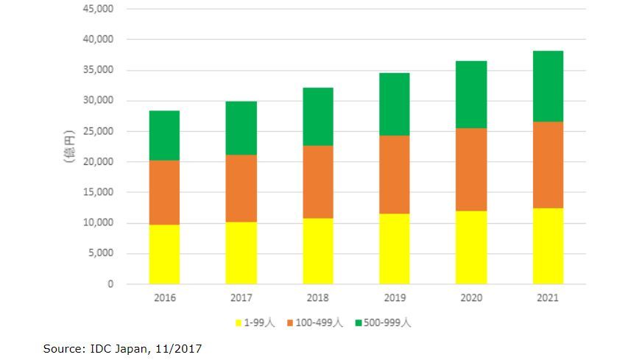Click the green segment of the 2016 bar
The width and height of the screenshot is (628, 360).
click(x=164, y=135)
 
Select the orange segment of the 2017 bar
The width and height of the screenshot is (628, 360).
click(x=241, y=188)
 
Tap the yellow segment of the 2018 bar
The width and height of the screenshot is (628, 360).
click(x=317, y=251)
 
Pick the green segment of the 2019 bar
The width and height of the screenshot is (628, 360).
click(x=394, y=104)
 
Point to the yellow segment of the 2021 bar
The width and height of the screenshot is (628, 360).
click(x=548, y=246)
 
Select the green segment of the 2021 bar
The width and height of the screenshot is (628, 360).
click(x=548, y=86)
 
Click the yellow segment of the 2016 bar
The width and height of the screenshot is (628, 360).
click(x=164, y=254)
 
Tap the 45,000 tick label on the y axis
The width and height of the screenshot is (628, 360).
click(x=99, y=9)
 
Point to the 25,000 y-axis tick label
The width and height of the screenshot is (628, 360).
click(x=99, y=131)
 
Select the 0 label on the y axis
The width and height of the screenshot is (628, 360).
click(x=111, y=284)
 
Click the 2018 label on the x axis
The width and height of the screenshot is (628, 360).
click(x=317, y=298)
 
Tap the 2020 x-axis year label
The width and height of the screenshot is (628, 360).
click(x=470, y=298)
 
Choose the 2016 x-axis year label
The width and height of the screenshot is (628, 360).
click(x=164, y=298)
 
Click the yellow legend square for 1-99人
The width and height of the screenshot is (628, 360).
click(x=239, y=322)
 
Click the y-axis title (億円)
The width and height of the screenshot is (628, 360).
click(x=71, y=146)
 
